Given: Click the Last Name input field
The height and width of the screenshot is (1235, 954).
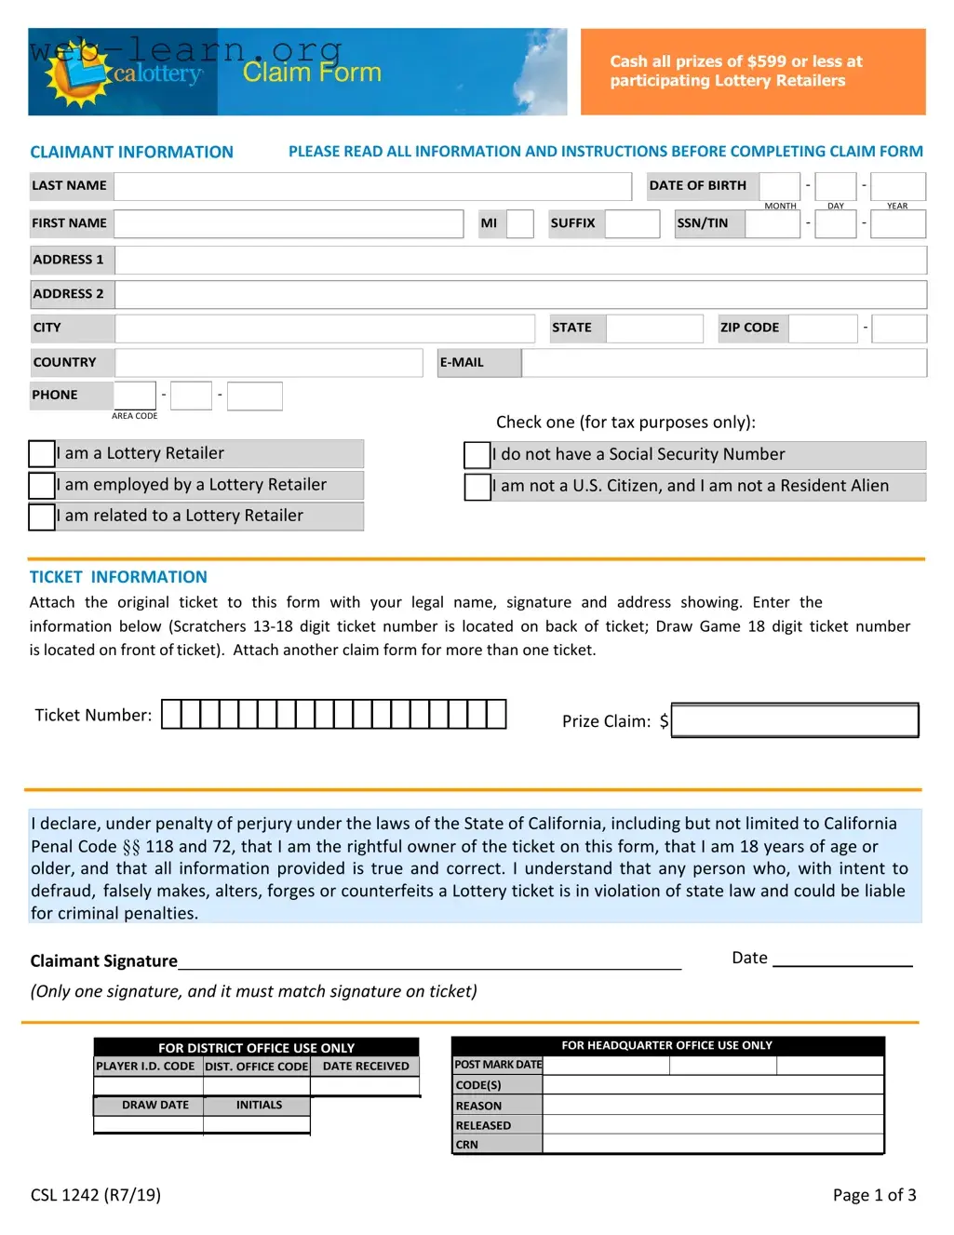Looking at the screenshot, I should tap(372, 186).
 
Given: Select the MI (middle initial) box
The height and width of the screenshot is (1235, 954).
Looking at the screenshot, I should tap(519, 223).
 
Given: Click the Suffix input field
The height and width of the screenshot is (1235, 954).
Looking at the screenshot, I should tap(632, 223).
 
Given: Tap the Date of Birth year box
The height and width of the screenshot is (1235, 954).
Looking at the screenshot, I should tap(897, 186).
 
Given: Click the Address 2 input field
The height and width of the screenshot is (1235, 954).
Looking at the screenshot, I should tap(520, 294).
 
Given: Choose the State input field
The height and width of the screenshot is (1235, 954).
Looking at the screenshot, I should tap(654, 329).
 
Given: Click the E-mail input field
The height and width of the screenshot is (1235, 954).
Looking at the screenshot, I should tap(723, 363).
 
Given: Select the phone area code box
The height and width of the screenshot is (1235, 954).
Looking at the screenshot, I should tap(135, 396).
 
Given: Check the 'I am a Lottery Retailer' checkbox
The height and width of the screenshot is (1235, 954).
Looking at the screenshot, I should tap(42, 454).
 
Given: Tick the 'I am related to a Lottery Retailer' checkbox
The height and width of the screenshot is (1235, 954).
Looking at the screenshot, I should tap(42, 517).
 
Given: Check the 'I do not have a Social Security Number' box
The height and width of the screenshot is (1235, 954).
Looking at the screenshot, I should tap(477, 455).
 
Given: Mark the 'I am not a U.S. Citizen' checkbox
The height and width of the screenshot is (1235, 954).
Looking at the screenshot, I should tap(477, 487).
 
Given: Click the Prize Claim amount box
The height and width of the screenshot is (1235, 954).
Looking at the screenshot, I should tap(795, 720).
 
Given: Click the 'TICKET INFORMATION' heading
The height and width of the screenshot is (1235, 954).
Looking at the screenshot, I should tap(118, 577).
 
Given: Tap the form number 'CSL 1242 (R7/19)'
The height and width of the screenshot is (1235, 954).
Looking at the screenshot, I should tap(96, 1195).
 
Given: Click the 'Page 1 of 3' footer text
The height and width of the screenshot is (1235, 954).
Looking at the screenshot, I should tap(874, 1195).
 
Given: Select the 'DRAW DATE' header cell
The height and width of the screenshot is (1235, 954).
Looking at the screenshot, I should tap(155, 1105).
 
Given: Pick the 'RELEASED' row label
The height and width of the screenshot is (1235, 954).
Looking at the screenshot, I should tap(483, 1125).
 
